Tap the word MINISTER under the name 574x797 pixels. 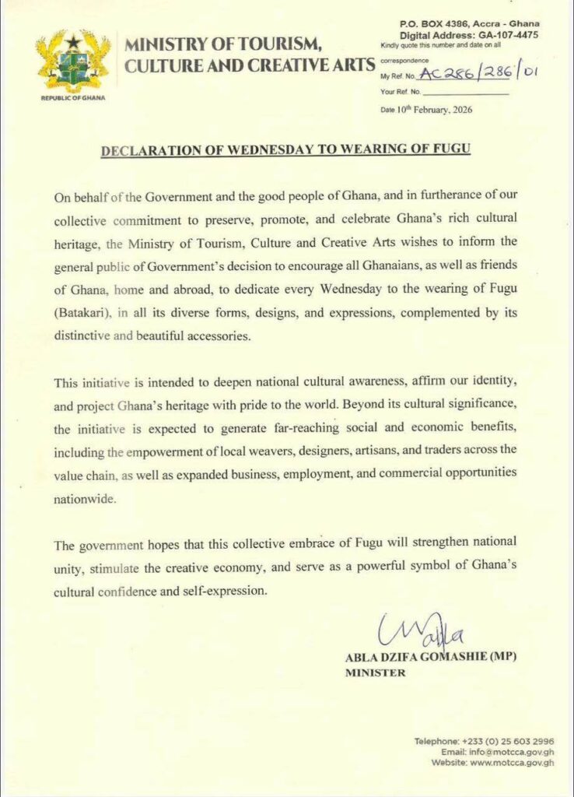coord(375,673)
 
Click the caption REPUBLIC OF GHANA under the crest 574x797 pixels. coord(73,99)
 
